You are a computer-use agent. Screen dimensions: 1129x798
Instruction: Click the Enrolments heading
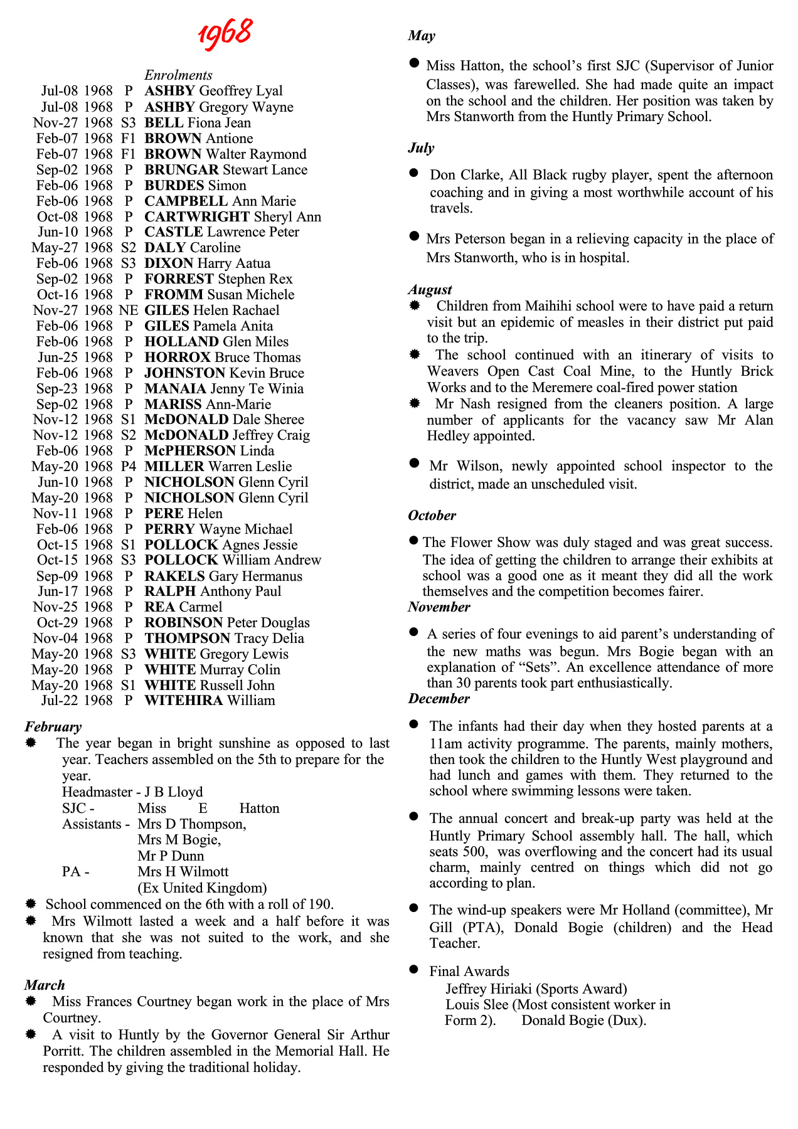pyautogui.click(x=178, y=75)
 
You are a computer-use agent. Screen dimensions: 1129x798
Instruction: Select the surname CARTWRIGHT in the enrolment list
pyautogui.click(x=197, y=217)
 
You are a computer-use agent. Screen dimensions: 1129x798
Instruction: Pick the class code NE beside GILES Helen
pyautogui.click(x=128, y=310)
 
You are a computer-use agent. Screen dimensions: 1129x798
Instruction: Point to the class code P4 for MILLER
pyautogui.click(x=128, y=467)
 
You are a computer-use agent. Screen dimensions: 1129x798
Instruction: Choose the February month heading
pyautogui.click(x=53, y=727)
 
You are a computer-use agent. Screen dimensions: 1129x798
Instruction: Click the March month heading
pyautogui.click(x=45, y=985)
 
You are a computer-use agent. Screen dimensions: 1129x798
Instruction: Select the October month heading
pyautogui.click(x=432, y=516)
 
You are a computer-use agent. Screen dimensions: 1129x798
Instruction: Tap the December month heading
pyautogui.click(x=439, y=699)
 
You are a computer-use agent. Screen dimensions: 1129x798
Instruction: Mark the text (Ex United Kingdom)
pyautogui.click(x=202, y=888)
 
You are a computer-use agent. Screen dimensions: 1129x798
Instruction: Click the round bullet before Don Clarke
pyautogui.click(x=413, y=172)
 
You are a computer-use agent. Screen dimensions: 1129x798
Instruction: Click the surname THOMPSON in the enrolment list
pyautogui.click(x=188, y=639)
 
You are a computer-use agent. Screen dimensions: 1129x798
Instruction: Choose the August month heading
pyautogui.click(x=430, y=290)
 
